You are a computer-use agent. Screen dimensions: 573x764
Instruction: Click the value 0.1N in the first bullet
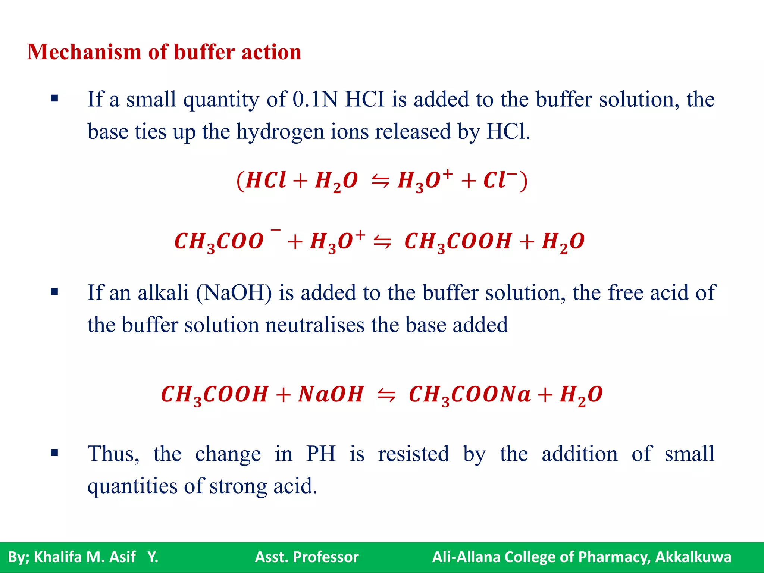(315, 99)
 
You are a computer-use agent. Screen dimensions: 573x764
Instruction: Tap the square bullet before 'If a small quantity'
(54, 99)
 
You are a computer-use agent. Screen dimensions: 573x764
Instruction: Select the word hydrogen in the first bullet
(280, 132)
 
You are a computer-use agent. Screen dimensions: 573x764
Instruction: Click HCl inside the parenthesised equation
(266, 181)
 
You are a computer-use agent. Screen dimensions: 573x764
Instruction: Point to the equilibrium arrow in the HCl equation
(380, 182)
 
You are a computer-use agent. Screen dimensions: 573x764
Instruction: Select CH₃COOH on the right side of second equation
(458, 241)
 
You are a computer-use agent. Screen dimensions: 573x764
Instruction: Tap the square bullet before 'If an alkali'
(54, 292)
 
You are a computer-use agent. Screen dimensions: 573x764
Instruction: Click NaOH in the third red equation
(331, 394)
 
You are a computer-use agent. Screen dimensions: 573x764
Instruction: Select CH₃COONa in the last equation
(470, 394)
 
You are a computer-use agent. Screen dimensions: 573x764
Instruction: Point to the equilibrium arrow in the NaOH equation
(386, 395)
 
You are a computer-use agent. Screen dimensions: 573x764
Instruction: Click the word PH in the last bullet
(321, 454)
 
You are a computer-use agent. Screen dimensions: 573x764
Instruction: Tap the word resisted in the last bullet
(413, 454)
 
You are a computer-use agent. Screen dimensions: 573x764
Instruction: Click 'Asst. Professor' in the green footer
(307, 557)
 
